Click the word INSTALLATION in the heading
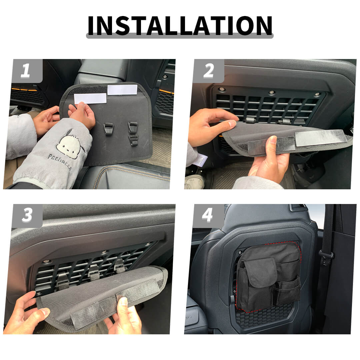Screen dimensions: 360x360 coord(180,25)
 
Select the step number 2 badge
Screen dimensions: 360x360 coord(209,71)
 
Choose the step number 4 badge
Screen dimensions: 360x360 coord(209,216)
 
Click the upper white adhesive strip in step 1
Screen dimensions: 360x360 coord(122,90)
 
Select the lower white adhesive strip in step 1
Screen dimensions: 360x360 coord(90,98)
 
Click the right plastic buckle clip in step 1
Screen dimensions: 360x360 coord(133,134)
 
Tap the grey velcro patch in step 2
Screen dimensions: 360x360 coord(321,138)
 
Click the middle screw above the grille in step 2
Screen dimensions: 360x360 coord(271,92)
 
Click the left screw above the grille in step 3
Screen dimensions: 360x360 coord(47,262)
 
